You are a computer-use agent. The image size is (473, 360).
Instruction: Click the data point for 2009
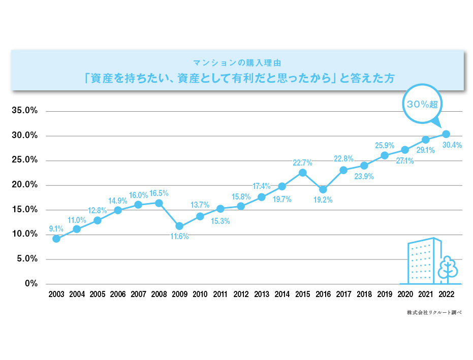coord(179,226)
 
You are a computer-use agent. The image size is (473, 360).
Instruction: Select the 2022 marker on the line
coord(446,134)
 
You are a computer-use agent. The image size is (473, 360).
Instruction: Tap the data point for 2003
coord(56,239)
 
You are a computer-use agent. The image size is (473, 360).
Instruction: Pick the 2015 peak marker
coord(302,173)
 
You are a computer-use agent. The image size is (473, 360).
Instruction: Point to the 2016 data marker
coord(323,190)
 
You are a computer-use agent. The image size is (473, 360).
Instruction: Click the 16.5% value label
coord(159,193)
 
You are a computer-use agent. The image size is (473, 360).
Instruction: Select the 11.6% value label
coord(179,237)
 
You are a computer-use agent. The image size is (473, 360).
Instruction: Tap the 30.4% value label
coord(452,145)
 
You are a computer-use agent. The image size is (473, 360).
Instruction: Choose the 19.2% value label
coord(323,200)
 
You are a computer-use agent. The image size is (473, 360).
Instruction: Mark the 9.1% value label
coord(56,228)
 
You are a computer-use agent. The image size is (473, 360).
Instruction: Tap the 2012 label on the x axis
coord(241,294)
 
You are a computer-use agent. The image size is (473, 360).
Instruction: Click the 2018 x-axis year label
coord(364,294)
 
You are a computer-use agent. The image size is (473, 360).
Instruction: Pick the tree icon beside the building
coord(448,269)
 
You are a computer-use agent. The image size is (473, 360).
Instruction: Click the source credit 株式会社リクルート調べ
coord(434,313)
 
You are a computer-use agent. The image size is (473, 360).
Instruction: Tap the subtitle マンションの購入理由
coord(237,62)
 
